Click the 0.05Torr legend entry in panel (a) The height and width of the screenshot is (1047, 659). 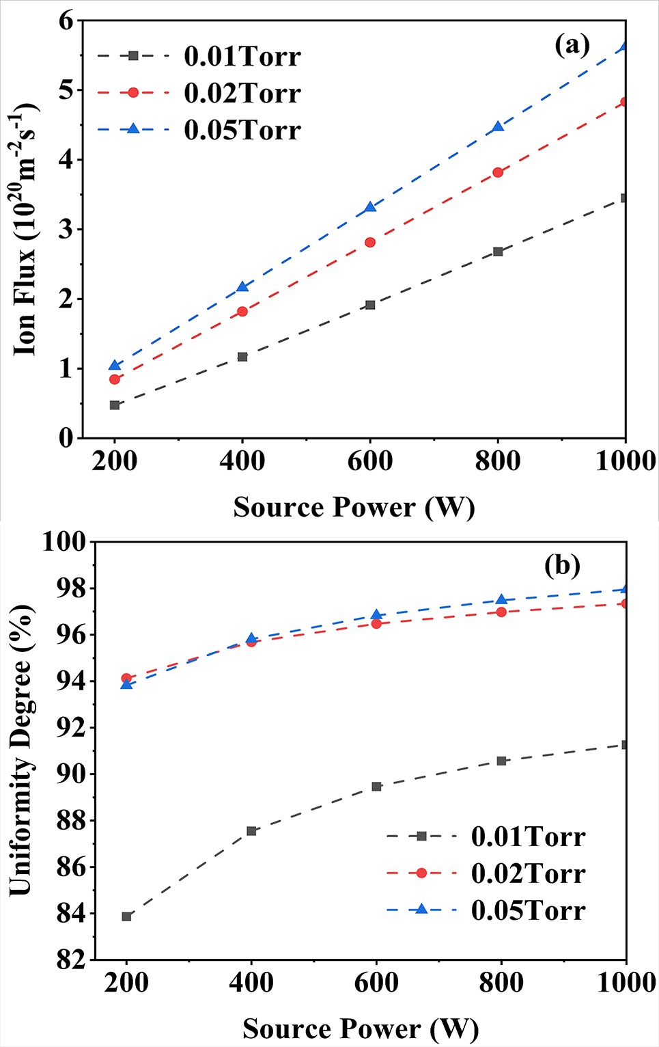point(242,130)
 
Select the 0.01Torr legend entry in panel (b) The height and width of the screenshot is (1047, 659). point(528,837)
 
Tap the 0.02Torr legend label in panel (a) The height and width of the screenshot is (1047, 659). point(242,93)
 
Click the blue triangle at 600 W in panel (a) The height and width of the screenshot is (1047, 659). point(370,206)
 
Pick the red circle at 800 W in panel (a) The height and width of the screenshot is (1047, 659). point(498,172)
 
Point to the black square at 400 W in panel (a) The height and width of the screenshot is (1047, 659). point(242,357)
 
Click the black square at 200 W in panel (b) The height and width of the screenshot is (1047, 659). point(126,916)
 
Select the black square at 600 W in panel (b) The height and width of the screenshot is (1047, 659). point(376,787)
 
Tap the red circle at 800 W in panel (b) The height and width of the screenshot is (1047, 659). point(501,612)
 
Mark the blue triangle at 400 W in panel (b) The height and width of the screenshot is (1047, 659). point(251,638)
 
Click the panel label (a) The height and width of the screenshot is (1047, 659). point(572,45)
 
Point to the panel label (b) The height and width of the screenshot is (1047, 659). point(562,566)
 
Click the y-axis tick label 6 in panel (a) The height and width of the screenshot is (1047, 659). point(66,21)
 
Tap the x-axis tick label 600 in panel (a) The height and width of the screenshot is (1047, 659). point(370,462)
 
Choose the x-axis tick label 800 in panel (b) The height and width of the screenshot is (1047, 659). point(501,983)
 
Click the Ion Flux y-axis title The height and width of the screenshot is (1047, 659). point(26,229)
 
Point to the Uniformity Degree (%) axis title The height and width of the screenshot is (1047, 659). point(20,750)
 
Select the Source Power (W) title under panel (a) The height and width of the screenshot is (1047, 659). point(354,508)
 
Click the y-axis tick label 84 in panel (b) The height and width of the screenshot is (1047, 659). point(71,914)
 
